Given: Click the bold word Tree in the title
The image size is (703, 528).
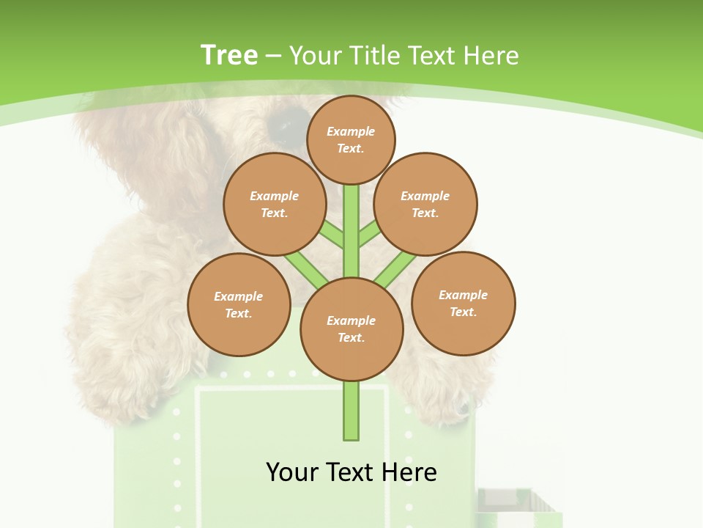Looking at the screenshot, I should coord(229,55).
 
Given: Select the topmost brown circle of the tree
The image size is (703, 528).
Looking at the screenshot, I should coord(351,139).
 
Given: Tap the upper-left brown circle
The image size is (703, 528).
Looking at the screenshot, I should coord(275,204).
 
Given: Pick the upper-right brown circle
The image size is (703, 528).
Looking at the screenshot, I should coord(425,204).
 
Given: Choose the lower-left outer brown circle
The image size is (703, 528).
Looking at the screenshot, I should coord(239,304).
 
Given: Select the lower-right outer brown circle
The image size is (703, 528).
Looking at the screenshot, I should coord(463,303).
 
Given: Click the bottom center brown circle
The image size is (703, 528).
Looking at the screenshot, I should coord(351,329).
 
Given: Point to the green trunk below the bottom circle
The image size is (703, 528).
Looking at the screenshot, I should coord(351,411).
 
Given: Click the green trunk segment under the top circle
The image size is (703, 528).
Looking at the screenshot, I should coord(351,220).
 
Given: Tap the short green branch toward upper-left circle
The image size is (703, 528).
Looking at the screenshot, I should coord(332,234).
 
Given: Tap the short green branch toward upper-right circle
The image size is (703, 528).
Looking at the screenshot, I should coord(370,233).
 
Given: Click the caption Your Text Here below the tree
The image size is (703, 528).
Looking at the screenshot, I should coord(351,472).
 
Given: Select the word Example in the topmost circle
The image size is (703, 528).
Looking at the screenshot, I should coord(351,131).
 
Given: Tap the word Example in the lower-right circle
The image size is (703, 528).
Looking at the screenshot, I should coord(463,295).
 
